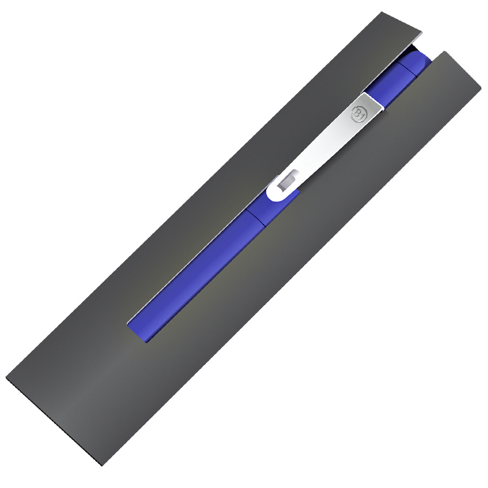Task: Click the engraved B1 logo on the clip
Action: tap(357, 113)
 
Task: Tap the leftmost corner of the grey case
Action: tap(6, 378)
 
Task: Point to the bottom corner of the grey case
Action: tap(101, 466)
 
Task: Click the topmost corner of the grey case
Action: tap(382, 12)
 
